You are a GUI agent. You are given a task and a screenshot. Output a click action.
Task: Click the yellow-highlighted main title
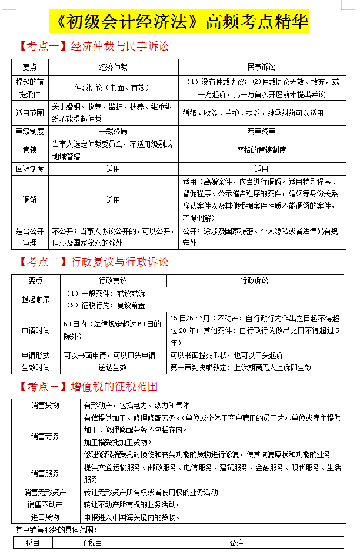180,22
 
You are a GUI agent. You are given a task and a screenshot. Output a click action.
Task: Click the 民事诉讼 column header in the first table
261,67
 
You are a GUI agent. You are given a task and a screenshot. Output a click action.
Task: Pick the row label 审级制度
29,131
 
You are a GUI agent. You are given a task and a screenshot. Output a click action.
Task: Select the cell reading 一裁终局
113,131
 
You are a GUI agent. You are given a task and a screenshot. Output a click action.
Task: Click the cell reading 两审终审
261,131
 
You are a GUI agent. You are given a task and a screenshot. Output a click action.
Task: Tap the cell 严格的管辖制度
261,150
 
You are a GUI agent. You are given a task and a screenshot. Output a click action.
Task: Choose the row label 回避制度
29,169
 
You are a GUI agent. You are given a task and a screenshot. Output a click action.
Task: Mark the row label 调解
29,200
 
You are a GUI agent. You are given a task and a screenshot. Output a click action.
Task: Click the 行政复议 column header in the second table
113,280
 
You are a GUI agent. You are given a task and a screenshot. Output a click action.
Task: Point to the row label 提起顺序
35,299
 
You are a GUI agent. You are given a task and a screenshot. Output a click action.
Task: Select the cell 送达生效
113,367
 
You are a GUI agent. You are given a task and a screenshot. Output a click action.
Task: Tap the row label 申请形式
35,355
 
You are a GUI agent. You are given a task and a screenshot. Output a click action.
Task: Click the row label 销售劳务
45,436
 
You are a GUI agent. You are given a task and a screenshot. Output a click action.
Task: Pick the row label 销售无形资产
45,491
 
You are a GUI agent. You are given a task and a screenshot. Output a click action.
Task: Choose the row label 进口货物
45,517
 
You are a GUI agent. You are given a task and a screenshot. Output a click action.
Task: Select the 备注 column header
236,543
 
